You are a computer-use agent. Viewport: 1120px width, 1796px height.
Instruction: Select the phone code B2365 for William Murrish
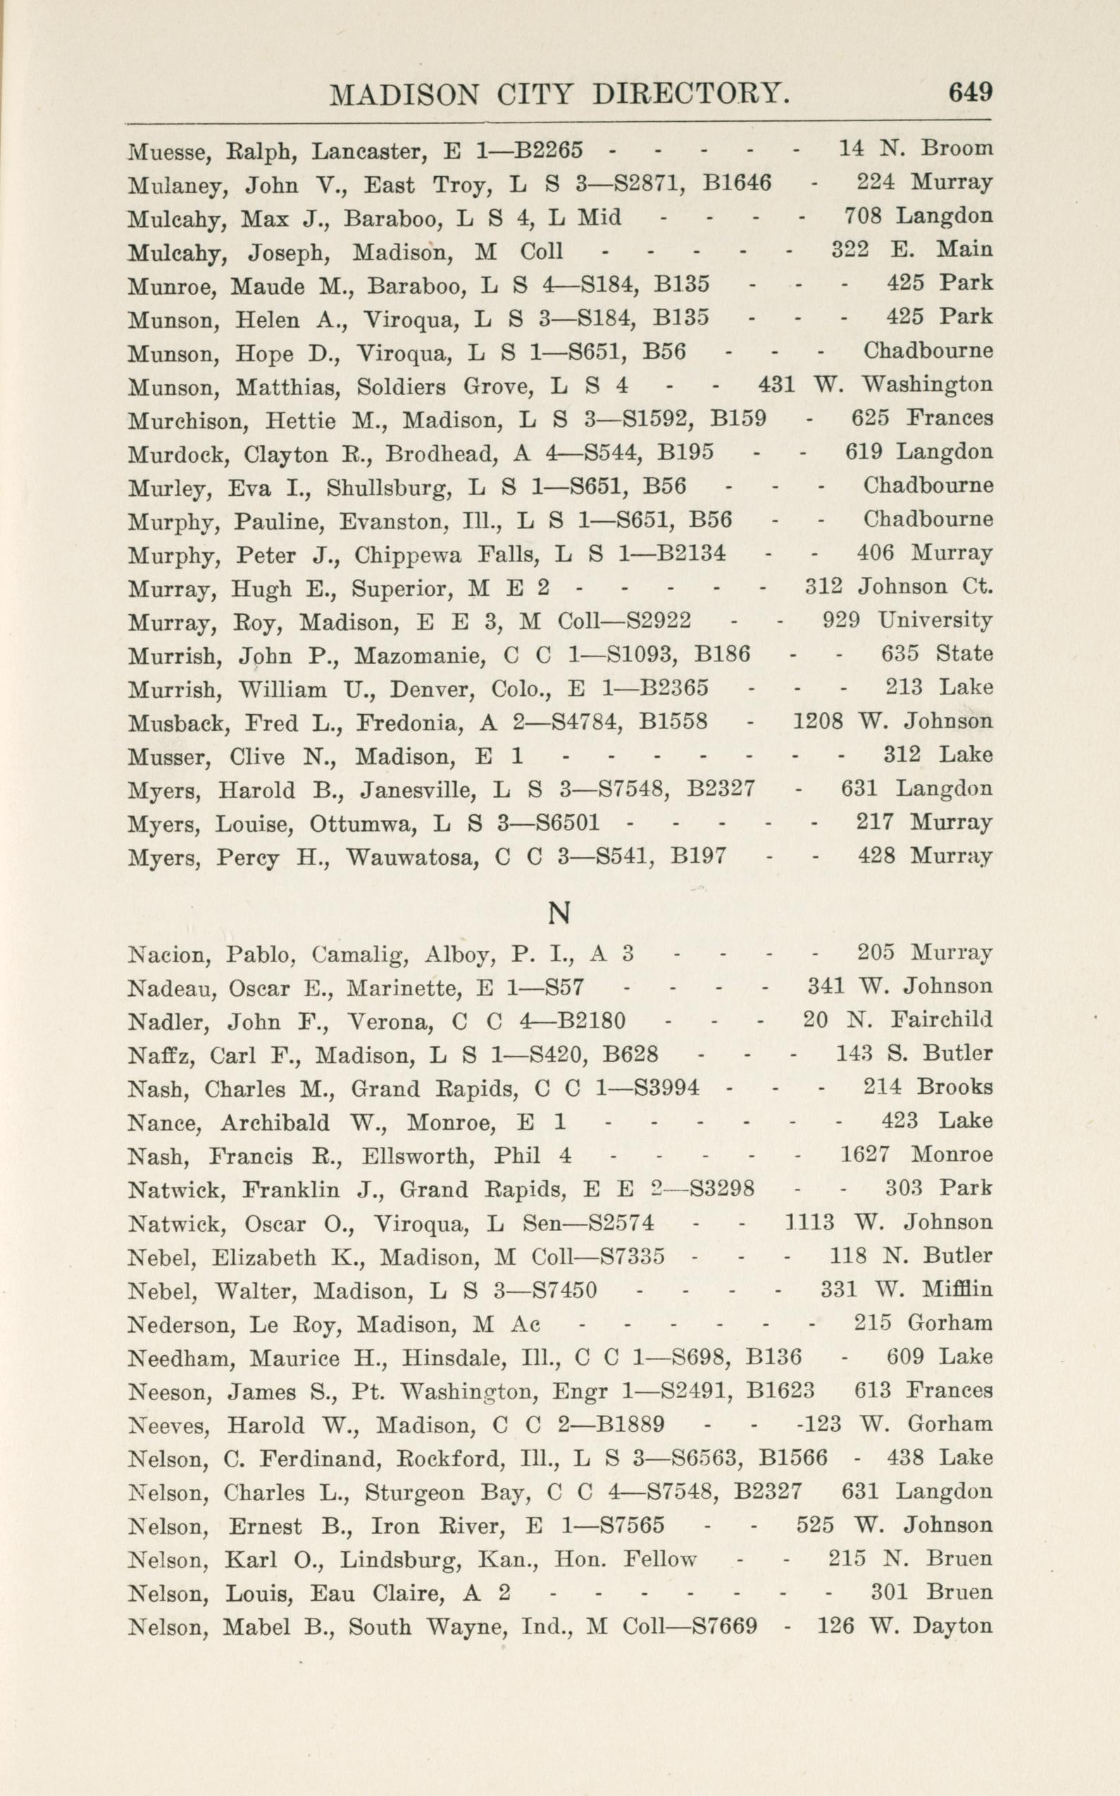coord(673,688)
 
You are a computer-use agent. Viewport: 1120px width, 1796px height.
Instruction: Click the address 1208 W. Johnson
coord(892,721)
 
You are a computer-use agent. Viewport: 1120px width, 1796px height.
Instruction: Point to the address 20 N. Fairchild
coord(897,1021)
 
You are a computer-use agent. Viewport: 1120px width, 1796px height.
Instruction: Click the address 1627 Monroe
coord(916,1154)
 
